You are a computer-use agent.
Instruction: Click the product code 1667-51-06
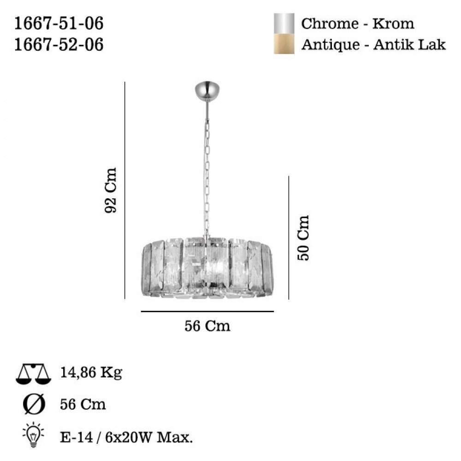pos(59,23)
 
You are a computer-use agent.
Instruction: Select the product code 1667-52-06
pos(59,45)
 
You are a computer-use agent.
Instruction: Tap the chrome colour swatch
pos(284,24)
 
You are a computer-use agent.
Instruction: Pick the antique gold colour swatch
pos(284,44)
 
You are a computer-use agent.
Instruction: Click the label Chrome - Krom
pos(358,24)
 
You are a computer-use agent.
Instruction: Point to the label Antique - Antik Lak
pos(373,45)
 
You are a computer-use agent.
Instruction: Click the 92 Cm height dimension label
pos(111,190)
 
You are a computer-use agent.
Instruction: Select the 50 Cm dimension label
pos(303,238)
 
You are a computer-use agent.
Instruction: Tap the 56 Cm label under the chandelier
pos(207,326)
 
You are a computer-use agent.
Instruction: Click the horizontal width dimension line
pos(207,311)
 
